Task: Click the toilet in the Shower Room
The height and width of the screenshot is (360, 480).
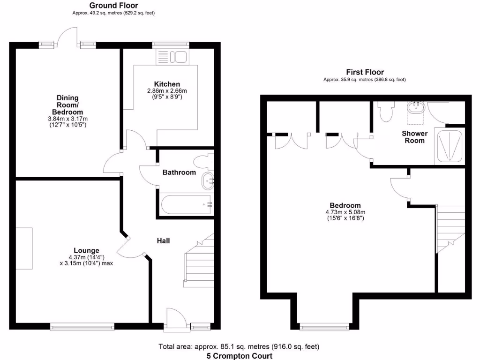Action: click(x=386, y=111)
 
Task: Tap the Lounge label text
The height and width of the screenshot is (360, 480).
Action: click(x=86, y=250)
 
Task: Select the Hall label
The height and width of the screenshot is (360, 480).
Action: click(x=163, y=241)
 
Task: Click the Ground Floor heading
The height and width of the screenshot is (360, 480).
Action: click(x=113, y=5)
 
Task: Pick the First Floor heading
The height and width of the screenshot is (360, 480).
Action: click(x=365, y=72)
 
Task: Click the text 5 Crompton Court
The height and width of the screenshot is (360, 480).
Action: click(x=240, y=356)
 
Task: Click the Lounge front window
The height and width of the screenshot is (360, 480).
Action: click(x=82, y=326)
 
